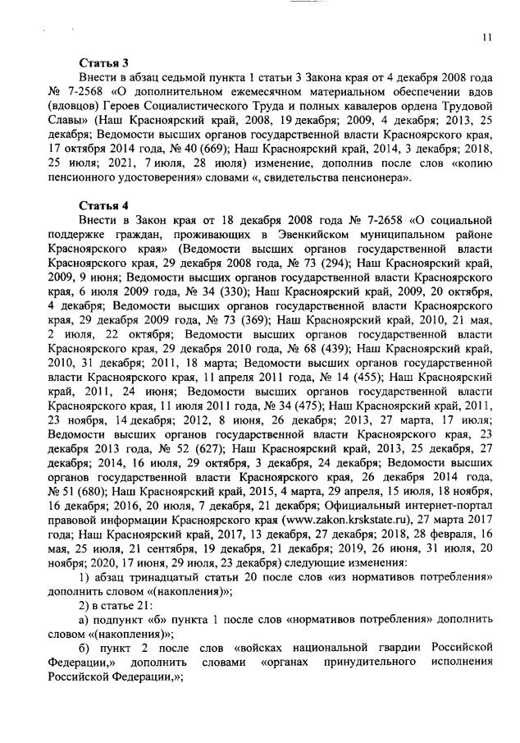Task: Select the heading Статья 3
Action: click(103, 62)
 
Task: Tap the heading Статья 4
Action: click(103, 204)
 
